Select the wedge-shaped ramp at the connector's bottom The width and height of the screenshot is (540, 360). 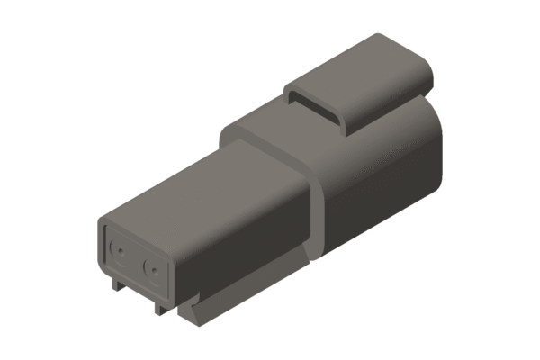(193, 310)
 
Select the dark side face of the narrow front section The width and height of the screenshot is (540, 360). (243, 252)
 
